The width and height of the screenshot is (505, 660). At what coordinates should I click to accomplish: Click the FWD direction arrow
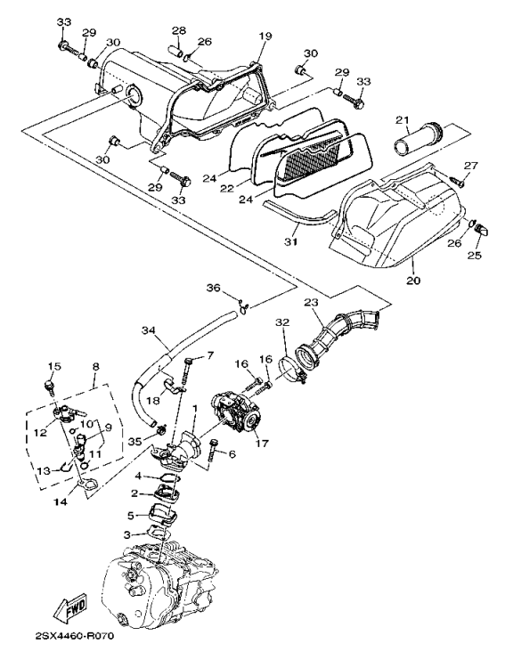click(x=73, y=607)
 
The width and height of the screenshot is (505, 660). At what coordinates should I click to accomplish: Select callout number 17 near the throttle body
click(x=262, y=444)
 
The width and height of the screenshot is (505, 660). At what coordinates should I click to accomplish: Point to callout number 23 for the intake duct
click(x=313, y=302)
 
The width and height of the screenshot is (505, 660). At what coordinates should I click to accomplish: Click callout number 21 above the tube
click(x=403, y=120)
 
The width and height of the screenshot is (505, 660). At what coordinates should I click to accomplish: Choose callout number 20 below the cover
click(x=413, y=280)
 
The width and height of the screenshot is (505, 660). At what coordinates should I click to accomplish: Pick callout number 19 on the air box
click(x=265, y=36)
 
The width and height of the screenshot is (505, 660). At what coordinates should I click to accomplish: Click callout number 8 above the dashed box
click(x=95, y=366)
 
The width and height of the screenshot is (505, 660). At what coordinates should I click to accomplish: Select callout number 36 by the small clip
click(x=213, y=288)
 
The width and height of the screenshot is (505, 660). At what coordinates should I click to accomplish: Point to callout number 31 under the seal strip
click(x=290, y=242)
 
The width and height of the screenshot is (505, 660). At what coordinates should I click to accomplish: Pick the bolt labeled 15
click(x=49, y=387)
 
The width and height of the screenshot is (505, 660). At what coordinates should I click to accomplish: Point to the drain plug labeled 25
click(x=482, y=230)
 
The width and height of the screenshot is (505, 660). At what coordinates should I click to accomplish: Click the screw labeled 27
click(x=458, y=182)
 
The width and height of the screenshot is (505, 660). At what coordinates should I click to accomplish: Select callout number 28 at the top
click(x=178, y=30)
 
